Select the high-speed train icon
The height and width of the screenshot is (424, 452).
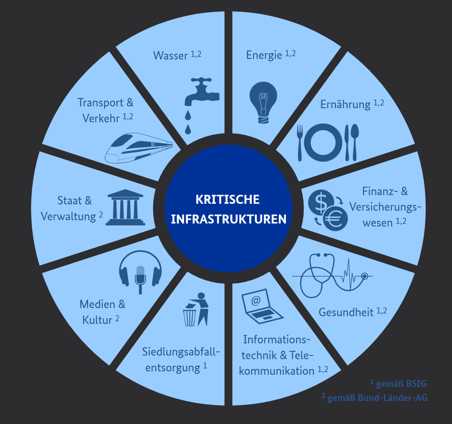pos(138,148)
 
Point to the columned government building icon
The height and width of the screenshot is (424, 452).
pos(125,208)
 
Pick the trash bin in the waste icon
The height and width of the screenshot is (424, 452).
pos(190,318)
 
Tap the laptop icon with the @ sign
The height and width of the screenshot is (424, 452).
pos(261,307)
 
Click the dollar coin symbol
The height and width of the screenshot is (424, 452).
pos(321,202)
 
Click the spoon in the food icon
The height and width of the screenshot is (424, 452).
pos(354,141)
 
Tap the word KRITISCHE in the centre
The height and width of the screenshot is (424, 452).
pos(228,199)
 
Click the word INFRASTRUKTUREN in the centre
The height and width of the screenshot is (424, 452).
pos(229,219)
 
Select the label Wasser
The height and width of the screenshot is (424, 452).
pos(170,56)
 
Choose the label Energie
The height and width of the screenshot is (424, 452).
pos(264,55)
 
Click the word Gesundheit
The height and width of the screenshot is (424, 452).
pos(346,312)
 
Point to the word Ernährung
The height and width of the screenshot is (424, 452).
pos(345,104)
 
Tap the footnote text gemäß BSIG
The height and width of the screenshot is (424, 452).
pos(401,384)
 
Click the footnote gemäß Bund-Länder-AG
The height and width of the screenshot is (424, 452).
pos(377,398)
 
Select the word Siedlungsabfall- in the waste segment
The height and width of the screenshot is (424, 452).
pos(180,352)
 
